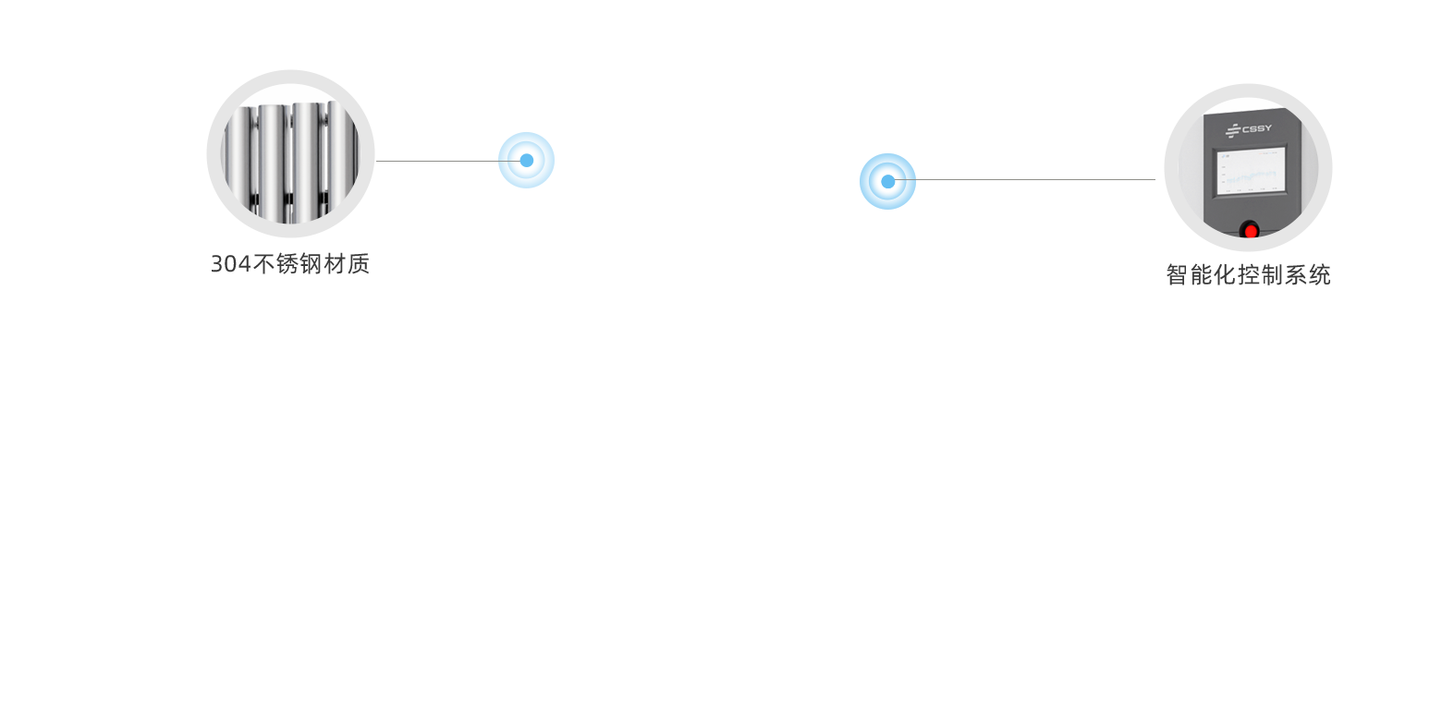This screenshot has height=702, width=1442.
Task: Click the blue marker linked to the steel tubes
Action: click(x=526, y=160)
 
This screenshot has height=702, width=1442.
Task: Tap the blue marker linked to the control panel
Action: click(x=887, y=181)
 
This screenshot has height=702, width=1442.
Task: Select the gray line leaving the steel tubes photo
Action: click(x=434, y=161)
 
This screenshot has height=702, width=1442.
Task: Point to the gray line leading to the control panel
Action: click(x=1026, y=179)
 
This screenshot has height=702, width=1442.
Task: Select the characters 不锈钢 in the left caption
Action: click(x=287, y=264)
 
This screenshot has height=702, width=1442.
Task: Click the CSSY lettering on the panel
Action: click(x=1257, y=129)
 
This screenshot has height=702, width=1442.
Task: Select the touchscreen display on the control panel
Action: click(x=1250, y=171)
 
